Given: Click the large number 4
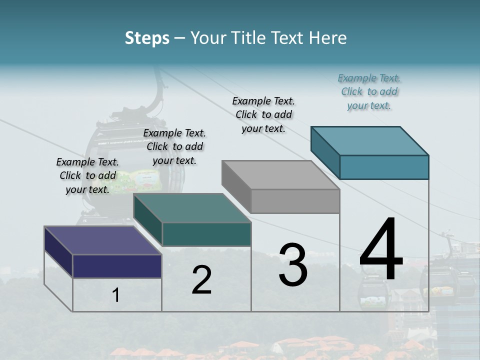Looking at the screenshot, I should [x=381, y=250].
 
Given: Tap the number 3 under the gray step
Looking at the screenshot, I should [x=293, y=265].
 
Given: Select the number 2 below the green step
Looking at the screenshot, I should [x=201, y=280].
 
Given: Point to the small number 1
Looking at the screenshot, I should [x=116, y=295].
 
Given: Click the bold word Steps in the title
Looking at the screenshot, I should [x=147, y=38].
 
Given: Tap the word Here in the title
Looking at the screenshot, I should [x=328, y=38].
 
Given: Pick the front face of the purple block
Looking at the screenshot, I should [x=117, y=266].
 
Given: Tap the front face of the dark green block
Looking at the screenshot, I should [x=206, y=234].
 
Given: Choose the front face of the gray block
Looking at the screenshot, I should [x=295, y=201].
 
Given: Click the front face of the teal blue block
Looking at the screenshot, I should [x=384, y=167].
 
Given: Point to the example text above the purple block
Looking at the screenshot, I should [x=87, y=175].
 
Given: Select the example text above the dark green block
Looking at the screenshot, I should [x=174, y=146].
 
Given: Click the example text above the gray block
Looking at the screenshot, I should [x=263, y=114].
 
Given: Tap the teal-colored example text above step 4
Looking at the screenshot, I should [x=369, y=91].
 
